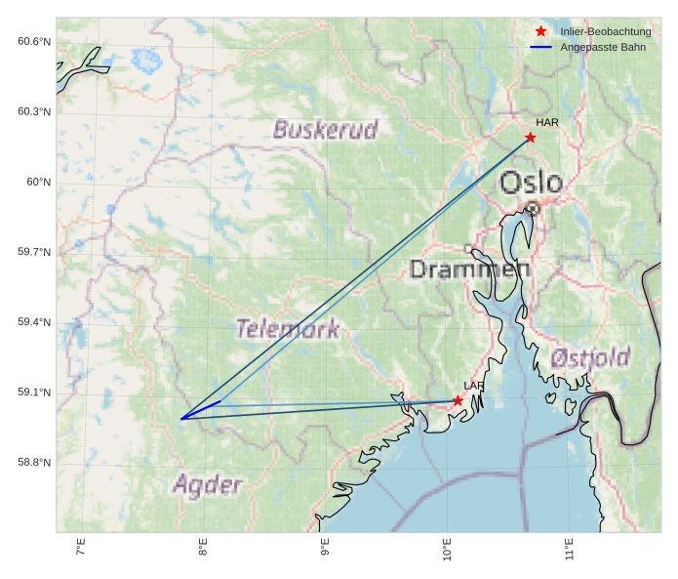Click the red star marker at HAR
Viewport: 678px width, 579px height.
[530, 138]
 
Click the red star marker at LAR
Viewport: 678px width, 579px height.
[458, 400]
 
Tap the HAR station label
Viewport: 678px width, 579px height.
[547, 123]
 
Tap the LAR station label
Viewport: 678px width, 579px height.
[473, 387]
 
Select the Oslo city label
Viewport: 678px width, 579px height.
[531, 183]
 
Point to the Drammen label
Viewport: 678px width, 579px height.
[469, 269]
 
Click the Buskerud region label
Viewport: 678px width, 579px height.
[325, 130]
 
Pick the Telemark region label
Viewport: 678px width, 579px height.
[288, 329]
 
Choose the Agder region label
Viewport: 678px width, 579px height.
[207, 484]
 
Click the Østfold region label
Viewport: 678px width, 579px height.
[589, 358]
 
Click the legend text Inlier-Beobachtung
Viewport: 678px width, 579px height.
[605, 32]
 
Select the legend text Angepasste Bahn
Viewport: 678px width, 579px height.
[603, 48]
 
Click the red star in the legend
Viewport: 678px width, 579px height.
[540, 32]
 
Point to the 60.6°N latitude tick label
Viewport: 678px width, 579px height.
[34, 41]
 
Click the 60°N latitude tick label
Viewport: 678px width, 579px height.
[38, 182]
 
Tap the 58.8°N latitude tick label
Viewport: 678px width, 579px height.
[34, 463]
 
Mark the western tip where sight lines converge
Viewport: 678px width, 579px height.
[181, 419]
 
